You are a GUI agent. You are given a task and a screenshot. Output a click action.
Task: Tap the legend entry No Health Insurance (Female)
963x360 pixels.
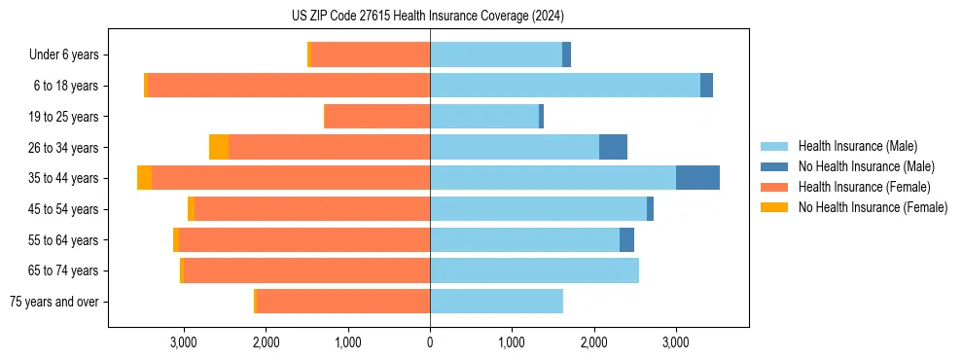pyautogui.click(x=873, y=207)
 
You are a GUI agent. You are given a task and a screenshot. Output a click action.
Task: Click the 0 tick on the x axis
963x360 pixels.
pyautogui.click(x=430, y=342)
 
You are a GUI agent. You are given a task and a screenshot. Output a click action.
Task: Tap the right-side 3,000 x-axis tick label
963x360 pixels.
pyautogui.click(x=676, y=342)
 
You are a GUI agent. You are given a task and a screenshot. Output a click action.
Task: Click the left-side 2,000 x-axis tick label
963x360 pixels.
pyautogui.click(x=266, y=342)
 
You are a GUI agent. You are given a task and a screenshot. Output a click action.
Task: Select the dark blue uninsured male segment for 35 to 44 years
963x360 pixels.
pyautogui.click(x=697, y=178)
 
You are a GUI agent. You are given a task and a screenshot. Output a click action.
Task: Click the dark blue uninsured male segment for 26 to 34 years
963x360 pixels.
pyautogui.click(x=613, y=147)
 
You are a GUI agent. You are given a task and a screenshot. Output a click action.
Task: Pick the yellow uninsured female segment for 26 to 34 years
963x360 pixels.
pyautogui.click(x=219, y=147)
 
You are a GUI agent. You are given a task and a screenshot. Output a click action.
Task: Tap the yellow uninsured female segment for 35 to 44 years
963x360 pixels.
pyautogui.click(x=144, y=178)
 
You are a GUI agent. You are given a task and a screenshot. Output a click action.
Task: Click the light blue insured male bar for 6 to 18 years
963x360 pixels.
pyautogui.click(x=564, y=86)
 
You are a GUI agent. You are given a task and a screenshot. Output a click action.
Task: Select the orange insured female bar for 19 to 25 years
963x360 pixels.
pyautogui.click(x=377, y=117)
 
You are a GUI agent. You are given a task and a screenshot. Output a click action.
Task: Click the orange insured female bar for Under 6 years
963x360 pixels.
pyautogui.click(x=371, y=54)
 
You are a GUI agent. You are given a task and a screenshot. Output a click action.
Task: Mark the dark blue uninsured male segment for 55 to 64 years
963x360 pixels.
pyautogui.click(x=626, y=239)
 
